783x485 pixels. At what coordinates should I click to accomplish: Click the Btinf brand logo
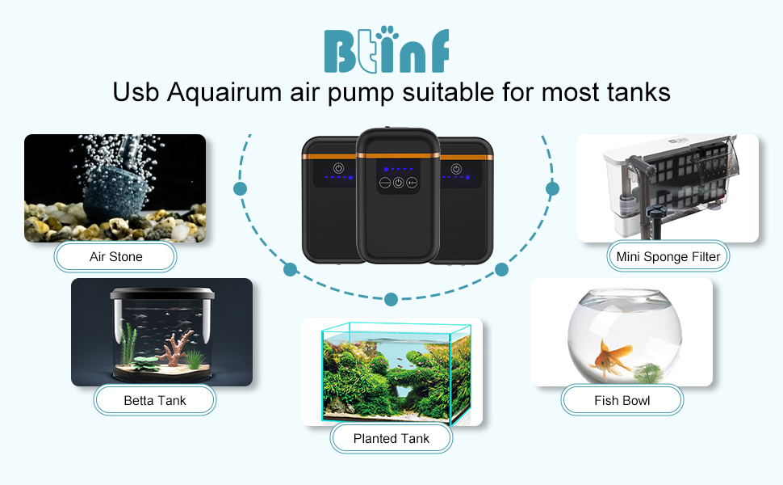[x=387, y=50]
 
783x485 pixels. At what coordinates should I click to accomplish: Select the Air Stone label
[x=115, y=257]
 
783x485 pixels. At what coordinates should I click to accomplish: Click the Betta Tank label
[x=155, y=400]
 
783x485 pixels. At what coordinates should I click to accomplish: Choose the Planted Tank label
[x=391, y=439]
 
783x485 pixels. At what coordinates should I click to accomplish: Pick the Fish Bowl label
[x=622, y=400]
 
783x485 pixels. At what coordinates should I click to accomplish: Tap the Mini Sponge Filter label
[x=668, y=257]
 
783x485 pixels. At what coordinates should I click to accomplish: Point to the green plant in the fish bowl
[x=648, y=372]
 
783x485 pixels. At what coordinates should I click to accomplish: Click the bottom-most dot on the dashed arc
[x=391, y=299]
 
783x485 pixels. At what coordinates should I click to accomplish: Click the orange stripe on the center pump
[x=397, y=154]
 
